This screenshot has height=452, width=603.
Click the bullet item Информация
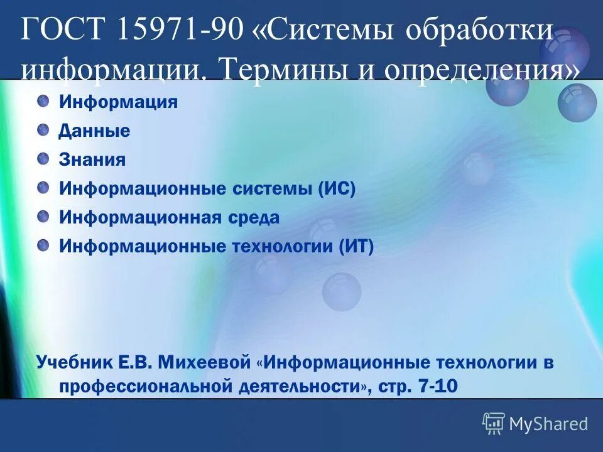tap(118, 102)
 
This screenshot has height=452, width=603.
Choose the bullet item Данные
tap(94, 131)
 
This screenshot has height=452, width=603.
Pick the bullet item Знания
tap(92, 160)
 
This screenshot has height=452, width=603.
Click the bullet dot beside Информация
tap(43, 100)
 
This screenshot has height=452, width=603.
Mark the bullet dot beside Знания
tap(43, 158)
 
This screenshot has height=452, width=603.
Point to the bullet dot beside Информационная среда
tap(43, 216)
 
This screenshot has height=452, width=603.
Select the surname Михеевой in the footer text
tap(205, 363)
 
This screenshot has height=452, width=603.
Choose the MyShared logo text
tap(548, 424)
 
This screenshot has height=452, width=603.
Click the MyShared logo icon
tap(494, 423)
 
